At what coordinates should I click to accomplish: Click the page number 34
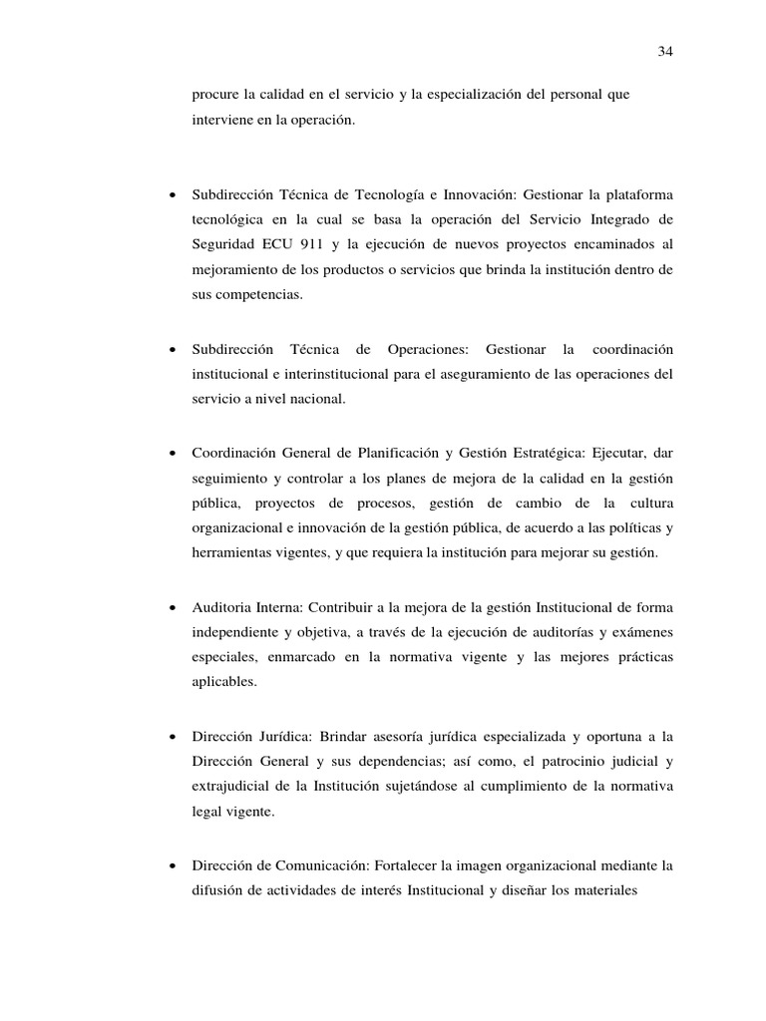(665, 52)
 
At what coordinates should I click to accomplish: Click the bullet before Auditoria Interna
(174, 606)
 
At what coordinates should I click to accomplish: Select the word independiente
(240, 632)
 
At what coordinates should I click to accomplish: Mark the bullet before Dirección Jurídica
(174, 736)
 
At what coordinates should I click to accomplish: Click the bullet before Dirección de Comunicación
(174, 865)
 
